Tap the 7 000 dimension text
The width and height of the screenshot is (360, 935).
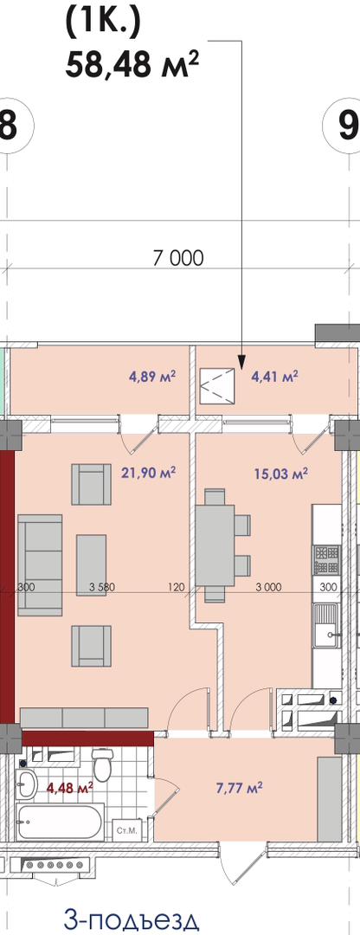point(178,258)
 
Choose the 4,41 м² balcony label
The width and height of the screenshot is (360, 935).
point(275,377)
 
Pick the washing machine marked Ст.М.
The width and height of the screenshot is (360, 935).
point(125,829)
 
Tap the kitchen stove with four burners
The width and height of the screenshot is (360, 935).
point(326,560)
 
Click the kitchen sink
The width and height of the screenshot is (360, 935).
point(326,626)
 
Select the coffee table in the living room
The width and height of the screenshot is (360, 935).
point(91,564)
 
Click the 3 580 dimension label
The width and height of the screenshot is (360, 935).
point(101,587)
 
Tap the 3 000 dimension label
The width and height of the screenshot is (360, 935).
point(268,587)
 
